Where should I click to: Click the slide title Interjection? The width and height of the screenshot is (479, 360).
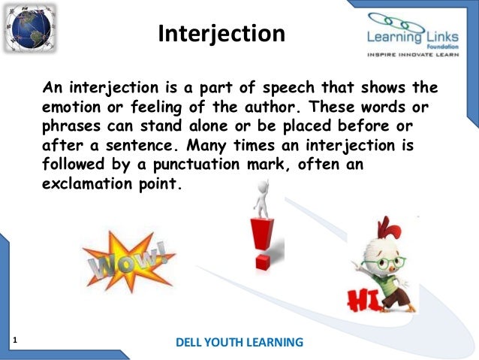tap(221, 35)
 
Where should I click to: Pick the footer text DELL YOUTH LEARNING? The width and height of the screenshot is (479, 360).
tap(239, 343)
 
